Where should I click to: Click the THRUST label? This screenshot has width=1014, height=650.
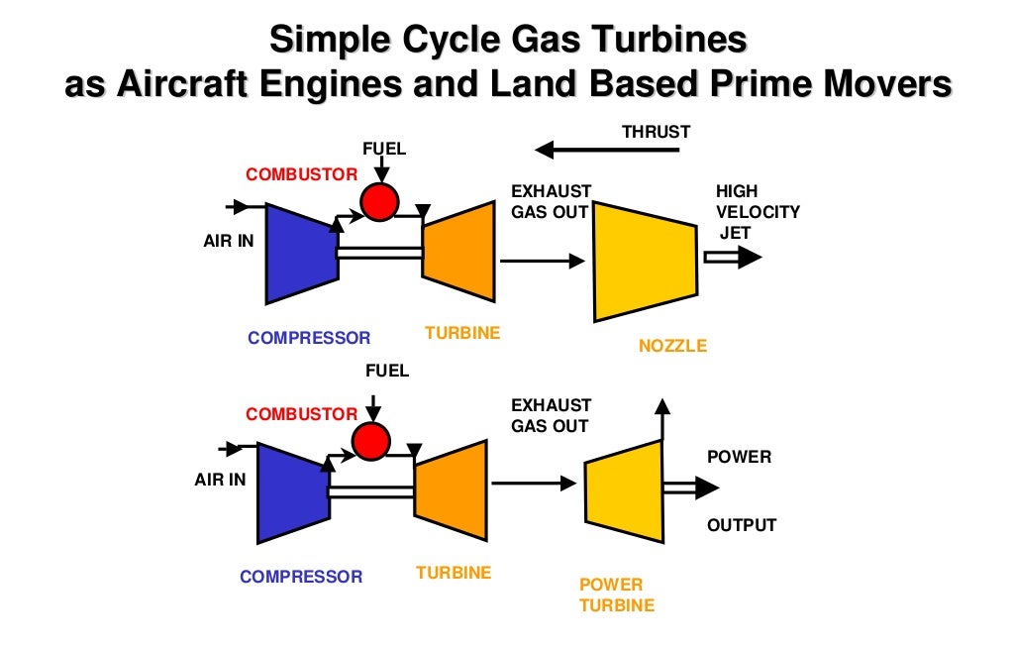[656, 132]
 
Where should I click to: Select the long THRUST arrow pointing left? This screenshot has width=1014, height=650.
[606, 151]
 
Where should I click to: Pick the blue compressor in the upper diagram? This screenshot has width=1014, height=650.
[300, 253]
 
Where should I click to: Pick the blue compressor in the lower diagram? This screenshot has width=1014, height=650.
[292, 492]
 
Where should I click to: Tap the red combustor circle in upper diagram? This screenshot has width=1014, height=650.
[377, 202]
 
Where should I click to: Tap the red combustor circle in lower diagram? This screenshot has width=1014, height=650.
[369, 440]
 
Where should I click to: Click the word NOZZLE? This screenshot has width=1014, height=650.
[673, 346]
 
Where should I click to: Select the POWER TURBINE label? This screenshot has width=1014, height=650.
[616, 595]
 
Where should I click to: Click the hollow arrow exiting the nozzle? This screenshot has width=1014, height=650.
[732, 258]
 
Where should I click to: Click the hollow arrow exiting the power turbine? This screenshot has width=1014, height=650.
[691, 487]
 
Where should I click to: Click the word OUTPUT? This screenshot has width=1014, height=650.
[742, 525]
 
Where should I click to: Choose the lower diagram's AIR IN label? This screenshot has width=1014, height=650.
[220, 480]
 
